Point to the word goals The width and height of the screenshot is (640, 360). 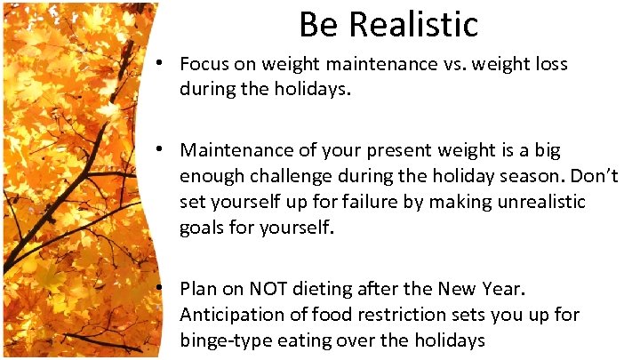pos(203,228)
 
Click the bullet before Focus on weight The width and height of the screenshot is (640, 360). pos(157,64)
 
